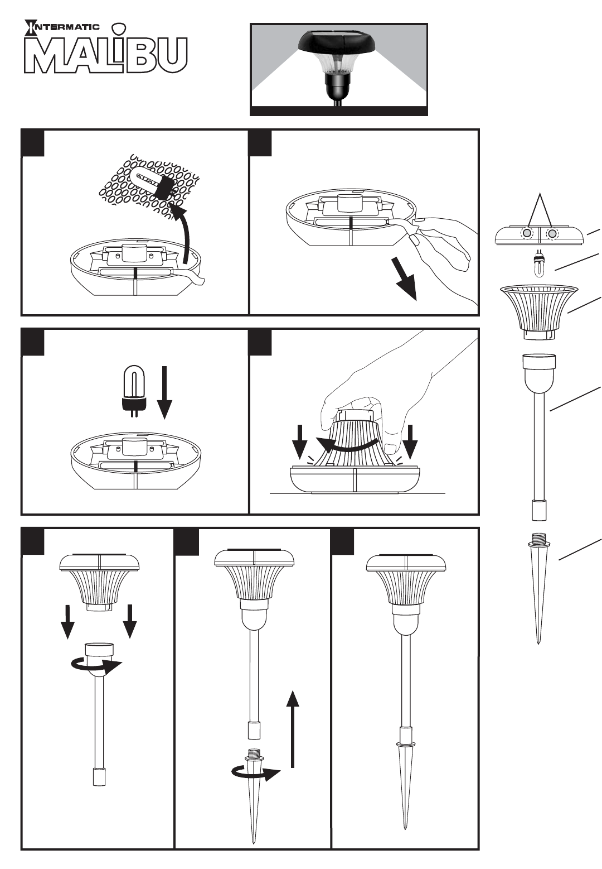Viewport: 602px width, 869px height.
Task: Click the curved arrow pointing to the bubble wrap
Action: pos(186,229)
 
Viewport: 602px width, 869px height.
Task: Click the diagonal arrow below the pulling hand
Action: pos(406,281)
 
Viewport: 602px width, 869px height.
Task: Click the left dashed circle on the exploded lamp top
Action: pos(526,233)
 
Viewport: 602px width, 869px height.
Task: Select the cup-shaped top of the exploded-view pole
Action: pos(539,369)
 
